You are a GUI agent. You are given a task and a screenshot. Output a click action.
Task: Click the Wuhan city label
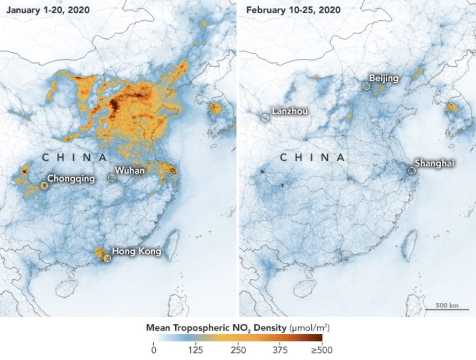131,171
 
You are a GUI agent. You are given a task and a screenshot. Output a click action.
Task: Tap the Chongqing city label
71,179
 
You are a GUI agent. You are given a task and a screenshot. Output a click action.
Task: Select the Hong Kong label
136,251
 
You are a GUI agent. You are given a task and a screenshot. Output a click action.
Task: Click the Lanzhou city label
290,111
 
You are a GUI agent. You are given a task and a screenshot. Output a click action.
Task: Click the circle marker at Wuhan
112,177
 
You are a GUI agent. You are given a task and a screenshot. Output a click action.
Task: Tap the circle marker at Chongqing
44,185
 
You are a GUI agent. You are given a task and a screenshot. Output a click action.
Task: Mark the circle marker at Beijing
366,86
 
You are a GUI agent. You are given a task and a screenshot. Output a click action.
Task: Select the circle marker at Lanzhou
265,118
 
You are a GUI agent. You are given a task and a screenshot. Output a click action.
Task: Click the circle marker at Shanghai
412,170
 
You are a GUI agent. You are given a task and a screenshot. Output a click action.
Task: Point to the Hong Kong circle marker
107,257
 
